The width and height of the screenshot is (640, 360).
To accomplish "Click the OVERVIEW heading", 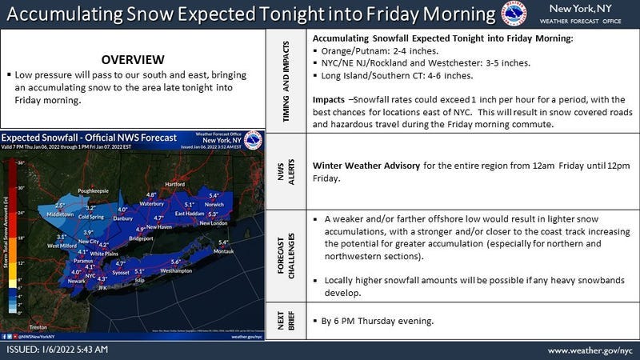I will [134, 60].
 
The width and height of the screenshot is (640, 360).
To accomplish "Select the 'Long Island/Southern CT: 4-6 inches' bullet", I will [396, 76].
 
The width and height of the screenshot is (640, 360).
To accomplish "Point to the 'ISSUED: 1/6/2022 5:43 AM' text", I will [57, 350].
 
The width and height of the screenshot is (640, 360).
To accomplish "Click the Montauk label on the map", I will [223, 251].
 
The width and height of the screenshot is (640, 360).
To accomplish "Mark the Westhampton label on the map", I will [176, 271].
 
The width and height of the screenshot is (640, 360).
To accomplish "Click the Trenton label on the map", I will [38, 328].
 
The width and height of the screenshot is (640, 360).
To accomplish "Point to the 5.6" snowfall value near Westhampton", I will [176, 262].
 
